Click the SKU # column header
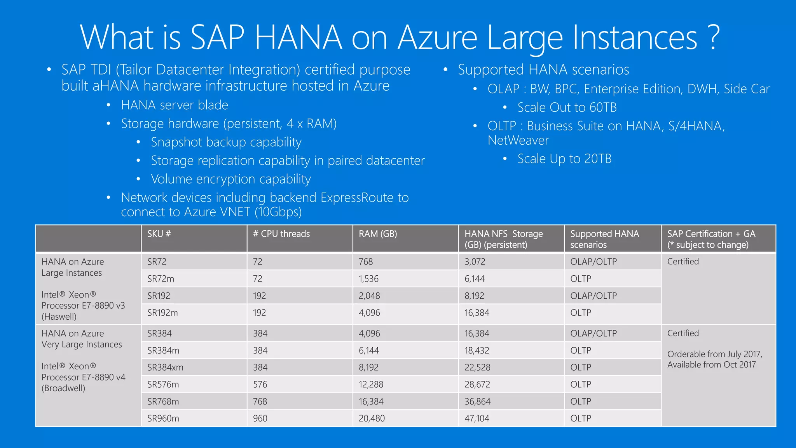(159, 234)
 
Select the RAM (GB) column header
(378, 234)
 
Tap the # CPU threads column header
(281, 234)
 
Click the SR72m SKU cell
(161, 279)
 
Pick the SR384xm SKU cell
(165, 367)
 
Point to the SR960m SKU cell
(163, 418)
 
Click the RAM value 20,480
(372, 418)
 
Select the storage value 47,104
(477, 418)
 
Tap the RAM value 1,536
(368, 279)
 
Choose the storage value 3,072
(475, 262)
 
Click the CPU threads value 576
(260, 385)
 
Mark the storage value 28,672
(477, 385)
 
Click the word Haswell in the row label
(59, 317)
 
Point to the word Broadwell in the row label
(63, 388)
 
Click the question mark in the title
(713, 37)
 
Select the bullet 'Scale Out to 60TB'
(567, 107)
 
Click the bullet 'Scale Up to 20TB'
(564, 159)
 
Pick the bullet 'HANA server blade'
(175, 105)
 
